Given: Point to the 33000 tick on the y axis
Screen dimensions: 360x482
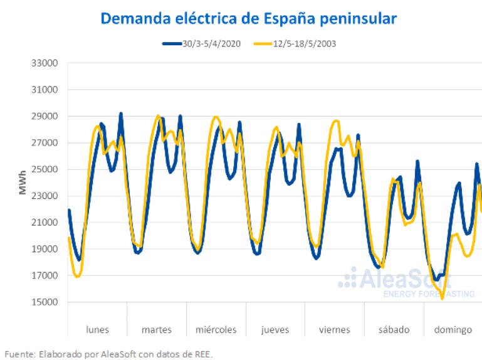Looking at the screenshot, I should point(45,63).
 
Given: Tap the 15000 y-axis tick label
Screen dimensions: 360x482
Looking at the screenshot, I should point(45,302).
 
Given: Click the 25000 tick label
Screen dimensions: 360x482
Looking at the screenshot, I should point(45,169).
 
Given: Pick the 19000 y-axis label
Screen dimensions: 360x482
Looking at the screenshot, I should point(45,249).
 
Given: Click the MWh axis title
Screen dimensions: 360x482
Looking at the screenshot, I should point(23,182).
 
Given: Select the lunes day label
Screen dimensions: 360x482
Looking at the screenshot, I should point(97,329).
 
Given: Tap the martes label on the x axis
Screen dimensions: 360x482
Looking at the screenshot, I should point(157,329).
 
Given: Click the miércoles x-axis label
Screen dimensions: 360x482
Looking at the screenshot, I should point(216,329).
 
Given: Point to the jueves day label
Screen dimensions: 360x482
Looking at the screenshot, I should point(276,329).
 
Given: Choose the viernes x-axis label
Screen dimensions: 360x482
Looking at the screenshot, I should point(335,329).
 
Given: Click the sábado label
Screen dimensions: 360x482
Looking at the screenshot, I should point(394,329).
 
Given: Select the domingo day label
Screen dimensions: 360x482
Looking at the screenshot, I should point(453,329).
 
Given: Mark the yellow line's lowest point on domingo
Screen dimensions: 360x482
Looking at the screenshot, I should point(443,299).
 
